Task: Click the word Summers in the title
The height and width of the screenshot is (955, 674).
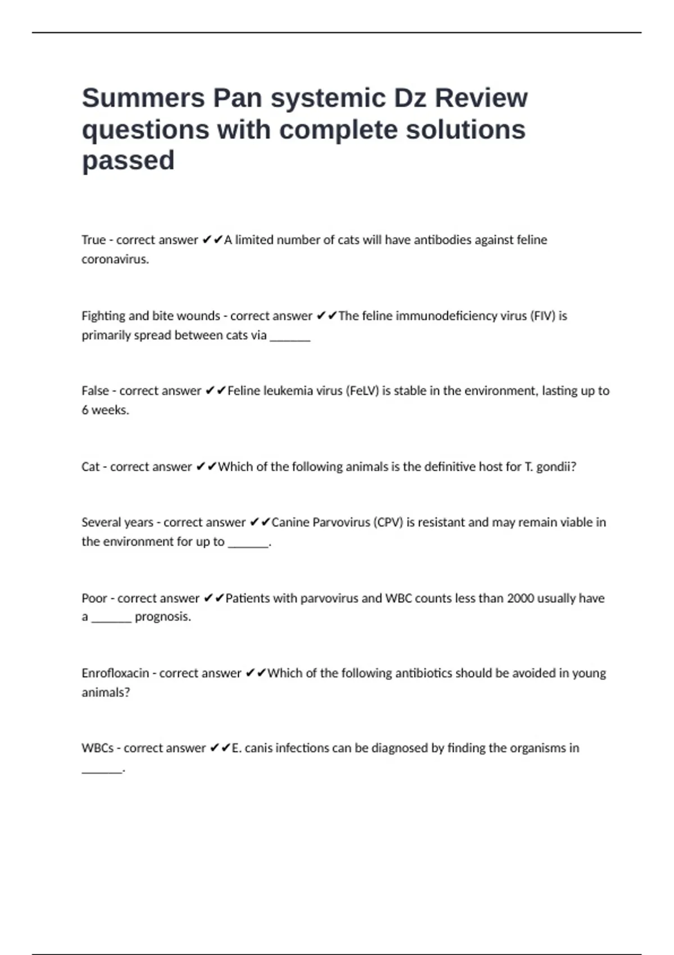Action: point(144,98)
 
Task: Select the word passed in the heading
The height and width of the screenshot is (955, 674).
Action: point(128,161)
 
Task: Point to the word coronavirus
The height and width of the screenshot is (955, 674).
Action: point(115,260)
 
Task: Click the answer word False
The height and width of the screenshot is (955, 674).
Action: point(94,391)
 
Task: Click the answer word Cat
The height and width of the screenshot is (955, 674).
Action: point(90,467)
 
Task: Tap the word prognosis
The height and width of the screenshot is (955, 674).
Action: point(162,617)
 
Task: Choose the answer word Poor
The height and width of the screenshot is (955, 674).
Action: point(94,598)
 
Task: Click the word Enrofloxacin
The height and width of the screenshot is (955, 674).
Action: point(115,673)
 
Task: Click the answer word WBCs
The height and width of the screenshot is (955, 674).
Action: point(97,748)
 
